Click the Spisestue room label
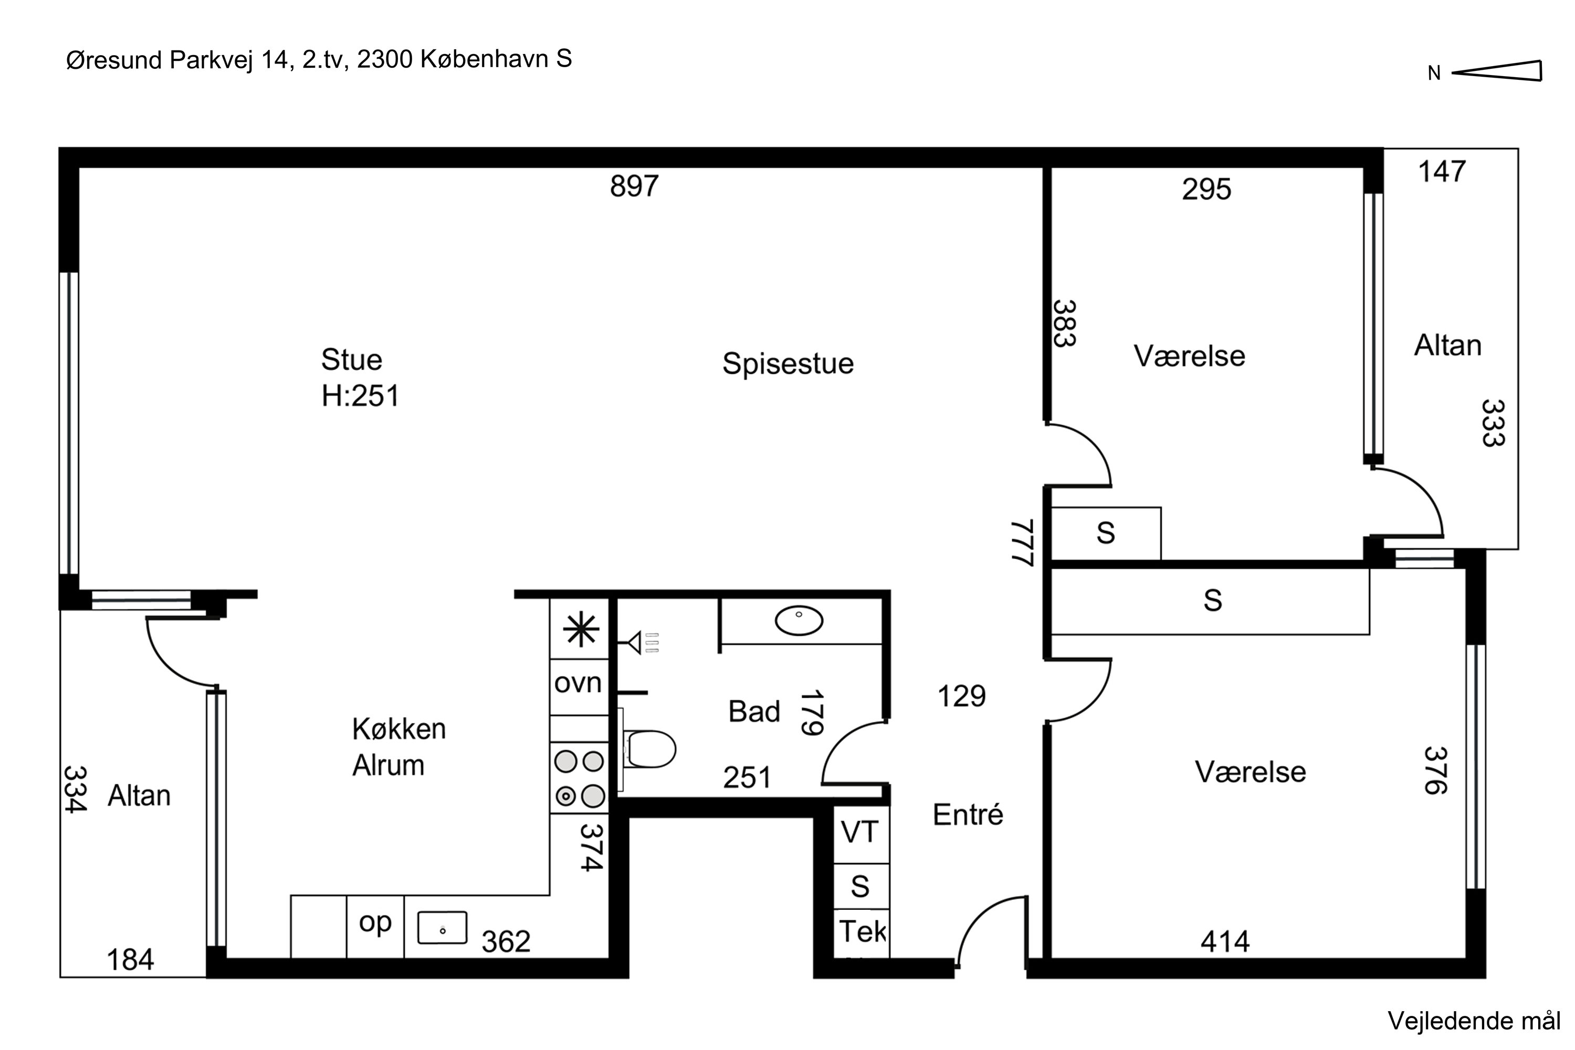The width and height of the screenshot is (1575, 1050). pyautogui.click(x=787, y=364)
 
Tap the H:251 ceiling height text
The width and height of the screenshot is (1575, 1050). pyautogui.click(x=360, y=396)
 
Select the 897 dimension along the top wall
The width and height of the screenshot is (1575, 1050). pyautogui.click(x=634, y=186)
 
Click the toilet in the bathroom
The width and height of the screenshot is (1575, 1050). pyautogui.click(x=650, y=749)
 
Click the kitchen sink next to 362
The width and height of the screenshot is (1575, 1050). pyautogui.click(x=442, y=928)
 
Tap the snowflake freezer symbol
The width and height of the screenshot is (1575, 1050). pyautogui.click(x=580, y=630)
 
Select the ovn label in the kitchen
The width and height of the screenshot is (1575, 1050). pyautogui.click(x=578, y=684)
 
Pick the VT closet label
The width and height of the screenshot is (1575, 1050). pyautogui.click(x=860, y=832)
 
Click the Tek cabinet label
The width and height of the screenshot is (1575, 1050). pyautogui.click(x=862, y=931)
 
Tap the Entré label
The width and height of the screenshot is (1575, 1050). pyautogui.click(x=968, y=815)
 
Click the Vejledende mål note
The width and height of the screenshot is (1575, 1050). pyautogui.click(x=1473, y=1021)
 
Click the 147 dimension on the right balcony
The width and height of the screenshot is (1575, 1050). pyautogui.click(x=1442, y=172)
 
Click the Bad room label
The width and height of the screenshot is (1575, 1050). pyautogui.click(x=754, y=711)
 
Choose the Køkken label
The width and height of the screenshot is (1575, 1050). pyautogui.click(x=399, y=729)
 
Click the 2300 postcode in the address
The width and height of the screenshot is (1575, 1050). pyautogui.click(x=384, y=60)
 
